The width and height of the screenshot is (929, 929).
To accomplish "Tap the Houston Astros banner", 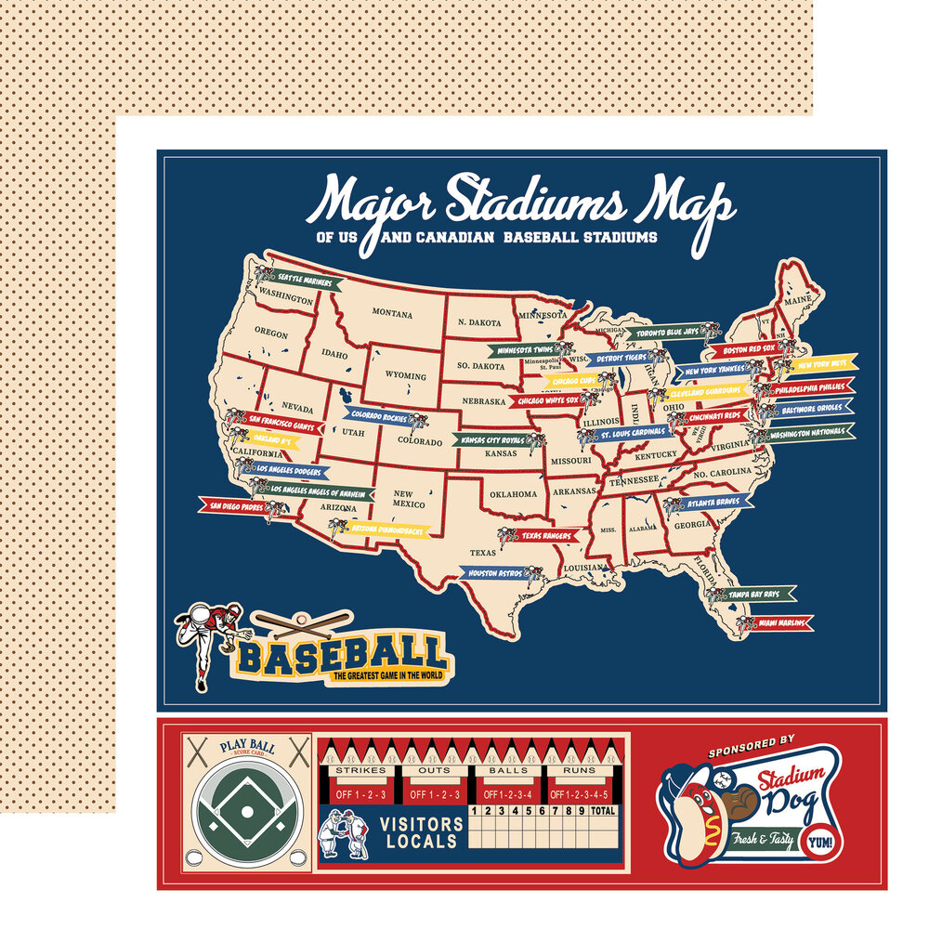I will [x=497, y=574].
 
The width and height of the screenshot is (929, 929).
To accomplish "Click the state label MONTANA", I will [x=392, y=313].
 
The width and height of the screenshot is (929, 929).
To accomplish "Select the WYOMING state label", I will [x=405, y=376].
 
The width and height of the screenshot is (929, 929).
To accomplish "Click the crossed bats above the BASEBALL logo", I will [x=299, y=622].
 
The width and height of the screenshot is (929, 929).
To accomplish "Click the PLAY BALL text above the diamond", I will [x=245, y=744].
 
